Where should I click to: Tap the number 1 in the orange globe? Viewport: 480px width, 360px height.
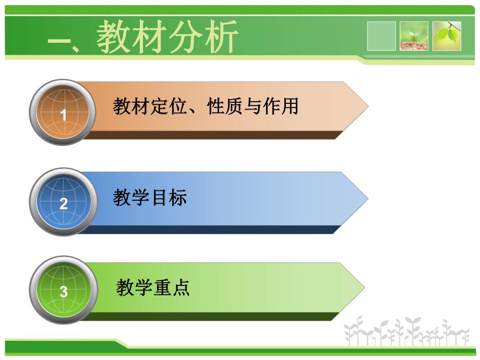(x=64, y=115)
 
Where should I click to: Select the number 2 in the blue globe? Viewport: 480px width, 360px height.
(x=64, y=203)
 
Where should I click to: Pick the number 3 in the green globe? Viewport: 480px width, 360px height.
(x=64, y=292)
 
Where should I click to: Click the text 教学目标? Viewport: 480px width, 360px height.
(x=150, y=197)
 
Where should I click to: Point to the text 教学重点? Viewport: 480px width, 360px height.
(x=153, y=287)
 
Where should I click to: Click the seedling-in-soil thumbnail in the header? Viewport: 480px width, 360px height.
(x=414, y=36)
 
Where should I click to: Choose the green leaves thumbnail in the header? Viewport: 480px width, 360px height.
(x=447, y=36)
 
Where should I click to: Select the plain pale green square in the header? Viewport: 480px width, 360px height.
(x=381, y=36)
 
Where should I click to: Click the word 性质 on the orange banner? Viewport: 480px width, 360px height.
(x=225, y=106)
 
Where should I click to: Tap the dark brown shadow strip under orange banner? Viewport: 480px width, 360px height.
(x=209, y=135)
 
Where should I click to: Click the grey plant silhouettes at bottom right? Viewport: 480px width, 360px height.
(x=407, y=331)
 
